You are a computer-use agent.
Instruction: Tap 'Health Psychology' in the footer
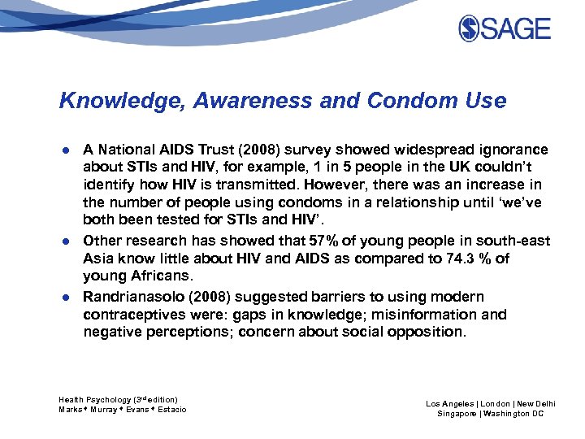tap(94, 400)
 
